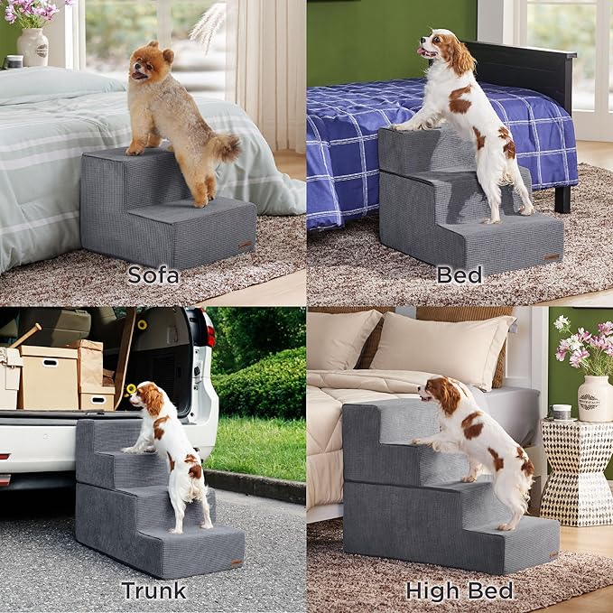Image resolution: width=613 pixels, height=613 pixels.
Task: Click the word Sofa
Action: (153, 274)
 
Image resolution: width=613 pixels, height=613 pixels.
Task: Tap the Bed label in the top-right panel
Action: (459, 274)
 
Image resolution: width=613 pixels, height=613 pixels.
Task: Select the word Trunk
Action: (153, 591)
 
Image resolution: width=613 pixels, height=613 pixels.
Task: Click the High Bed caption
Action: (459, 591)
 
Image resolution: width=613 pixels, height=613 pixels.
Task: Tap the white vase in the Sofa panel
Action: (32, 46)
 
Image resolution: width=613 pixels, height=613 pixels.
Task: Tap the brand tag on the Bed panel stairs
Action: (551, 256)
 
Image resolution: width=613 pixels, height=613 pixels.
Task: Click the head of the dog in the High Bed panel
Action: (442, 395)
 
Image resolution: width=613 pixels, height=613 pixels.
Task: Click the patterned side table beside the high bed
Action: (578, 469)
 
